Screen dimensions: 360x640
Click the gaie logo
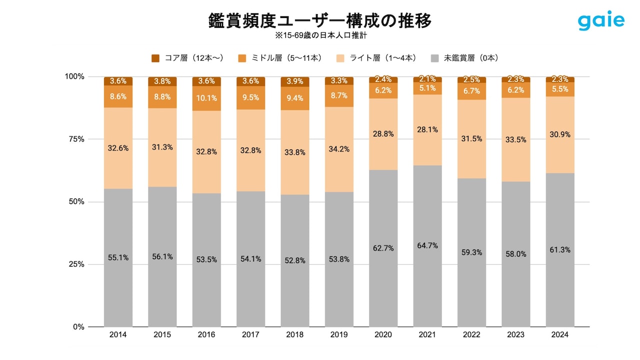point(601,21)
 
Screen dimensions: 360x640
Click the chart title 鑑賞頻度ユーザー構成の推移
point(320,21)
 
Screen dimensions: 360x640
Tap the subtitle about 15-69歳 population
point(320,36)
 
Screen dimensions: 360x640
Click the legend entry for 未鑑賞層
point(465,58)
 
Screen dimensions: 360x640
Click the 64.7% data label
point(427,245)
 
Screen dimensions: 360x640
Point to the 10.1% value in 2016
point(206,98)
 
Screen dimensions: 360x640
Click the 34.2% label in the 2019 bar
point(339,149)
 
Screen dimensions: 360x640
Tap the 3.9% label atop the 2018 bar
point(295,81)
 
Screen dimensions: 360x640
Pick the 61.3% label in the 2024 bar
point(560,250)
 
